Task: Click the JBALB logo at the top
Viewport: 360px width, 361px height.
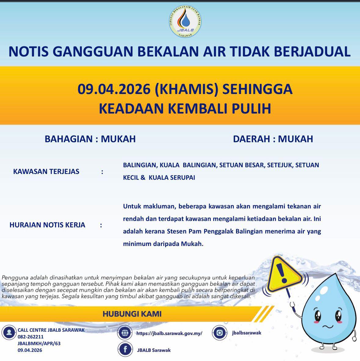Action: click(x=185, y=22)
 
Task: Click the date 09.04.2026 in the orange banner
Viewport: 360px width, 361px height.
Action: click(x=114, y=89)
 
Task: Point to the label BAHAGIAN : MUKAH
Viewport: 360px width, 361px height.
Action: click(x=90, y=139)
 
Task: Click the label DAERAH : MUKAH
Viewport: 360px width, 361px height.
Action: click(x=273, y=139)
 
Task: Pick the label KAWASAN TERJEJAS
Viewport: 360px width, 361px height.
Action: click(x=46, y=171)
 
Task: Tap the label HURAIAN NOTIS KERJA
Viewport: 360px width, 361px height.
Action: click(x=47, y=225)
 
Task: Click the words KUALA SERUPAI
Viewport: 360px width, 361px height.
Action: click(x=172, y=178)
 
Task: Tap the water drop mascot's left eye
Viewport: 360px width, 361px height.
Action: click(x=318, y=315)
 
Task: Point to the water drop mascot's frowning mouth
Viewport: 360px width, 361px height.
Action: click(x=328, y=327)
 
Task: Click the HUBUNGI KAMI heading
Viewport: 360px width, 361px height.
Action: click(x=132, y=314)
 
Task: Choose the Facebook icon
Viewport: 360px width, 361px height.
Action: click(x=125, y=350)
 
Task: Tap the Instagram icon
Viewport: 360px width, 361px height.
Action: click(x=219, y=333)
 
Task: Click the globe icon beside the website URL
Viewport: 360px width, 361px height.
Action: click(x=125, y=333)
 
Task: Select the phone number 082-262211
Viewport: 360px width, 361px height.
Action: click(x=31, y=337)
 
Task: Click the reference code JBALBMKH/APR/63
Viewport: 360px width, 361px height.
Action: click(x=39, y=344)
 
